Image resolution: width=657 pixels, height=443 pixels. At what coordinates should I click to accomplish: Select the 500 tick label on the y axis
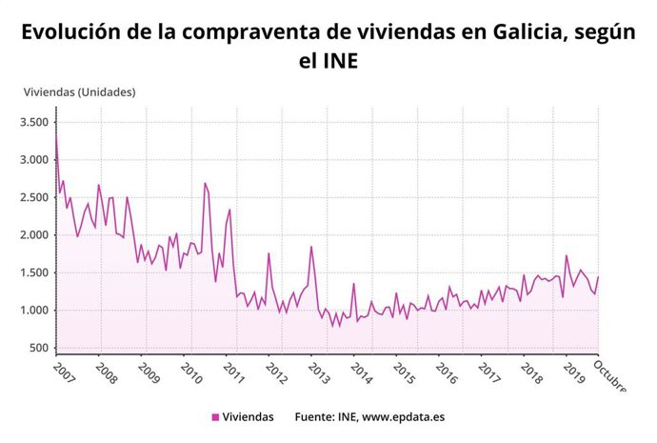click(39, 348)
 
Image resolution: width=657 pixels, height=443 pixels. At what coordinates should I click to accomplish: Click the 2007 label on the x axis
click(64, 370)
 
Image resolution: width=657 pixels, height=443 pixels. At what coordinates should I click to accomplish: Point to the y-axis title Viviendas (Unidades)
click(79, 92)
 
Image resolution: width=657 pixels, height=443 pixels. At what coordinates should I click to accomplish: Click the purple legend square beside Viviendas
click(215, 417)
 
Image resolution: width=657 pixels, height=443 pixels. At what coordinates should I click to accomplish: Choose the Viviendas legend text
click(249, 417)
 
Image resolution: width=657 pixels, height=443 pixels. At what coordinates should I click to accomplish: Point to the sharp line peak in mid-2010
click(205, 183)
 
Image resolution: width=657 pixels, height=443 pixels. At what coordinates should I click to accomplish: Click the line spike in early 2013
click(310, 247)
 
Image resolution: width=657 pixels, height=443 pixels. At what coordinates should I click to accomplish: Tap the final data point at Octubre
click(598, 277)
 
